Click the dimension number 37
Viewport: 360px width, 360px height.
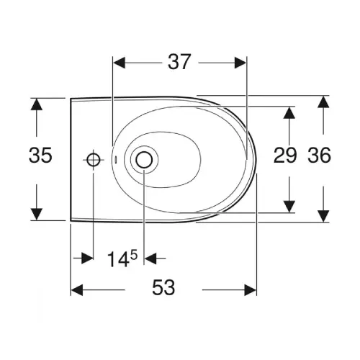pyautogui.click(x=179, y=62)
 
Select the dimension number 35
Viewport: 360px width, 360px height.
pyautogui.click(x=40, y=155)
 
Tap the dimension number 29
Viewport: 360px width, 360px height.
pyautogui.click(x=285, y=155)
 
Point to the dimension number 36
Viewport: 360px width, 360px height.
pyautogui.click(x=320, y=155)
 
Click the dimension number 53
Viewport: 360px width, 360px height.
pyautogui.click(x=163, y=287)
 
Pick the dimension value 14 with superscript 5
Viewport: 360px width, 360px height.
pyautogui.click(x=122, y=258)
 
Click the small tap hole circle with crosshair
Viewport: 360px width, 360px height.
pyautogui.click(x=94, y=160)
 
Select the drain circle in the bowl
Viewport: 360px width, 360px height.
pyautogui.click(x=144, y=160)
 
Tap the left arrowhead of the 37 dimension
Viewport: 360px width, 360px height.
pyautogui.click(x=120, y=63)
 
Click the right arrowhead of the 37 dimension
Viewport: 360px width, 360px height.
pyautogui.click(x=240, y=63)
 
